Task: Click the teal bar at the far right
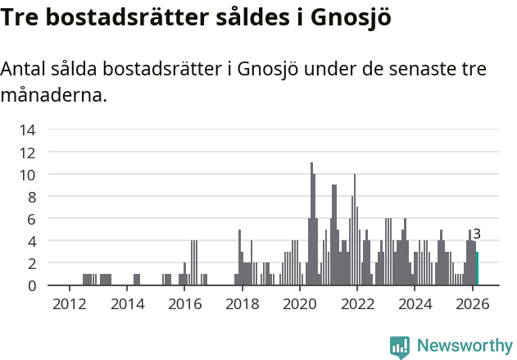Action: [477, 269]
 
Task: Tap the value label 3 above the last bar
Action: [477, 235]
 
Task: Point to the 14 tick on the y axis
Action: [28, 130]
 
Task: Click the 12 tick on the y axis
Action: [28, 153]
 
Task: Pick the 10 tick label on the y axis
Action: [28, 175]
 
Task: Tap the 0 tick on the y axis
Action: [32, 285]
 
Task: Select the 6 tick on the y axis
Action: [32, 219]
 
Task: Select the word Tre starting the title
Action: [20, 18]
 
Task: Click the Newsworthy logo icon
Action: [400, 346]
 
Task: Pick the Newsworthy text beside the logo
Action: [464, 346]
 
